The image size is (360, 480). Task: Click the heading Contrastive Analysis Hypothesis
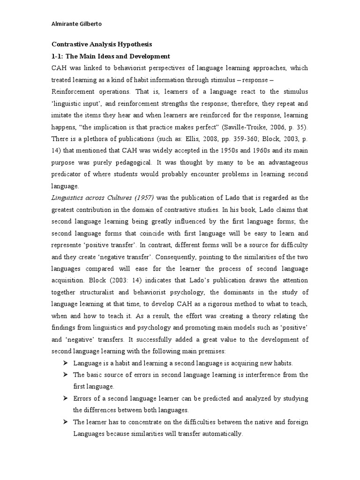click(102, 45)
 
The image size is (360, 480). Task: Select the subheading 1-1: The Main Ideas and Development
click(110, 56)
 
